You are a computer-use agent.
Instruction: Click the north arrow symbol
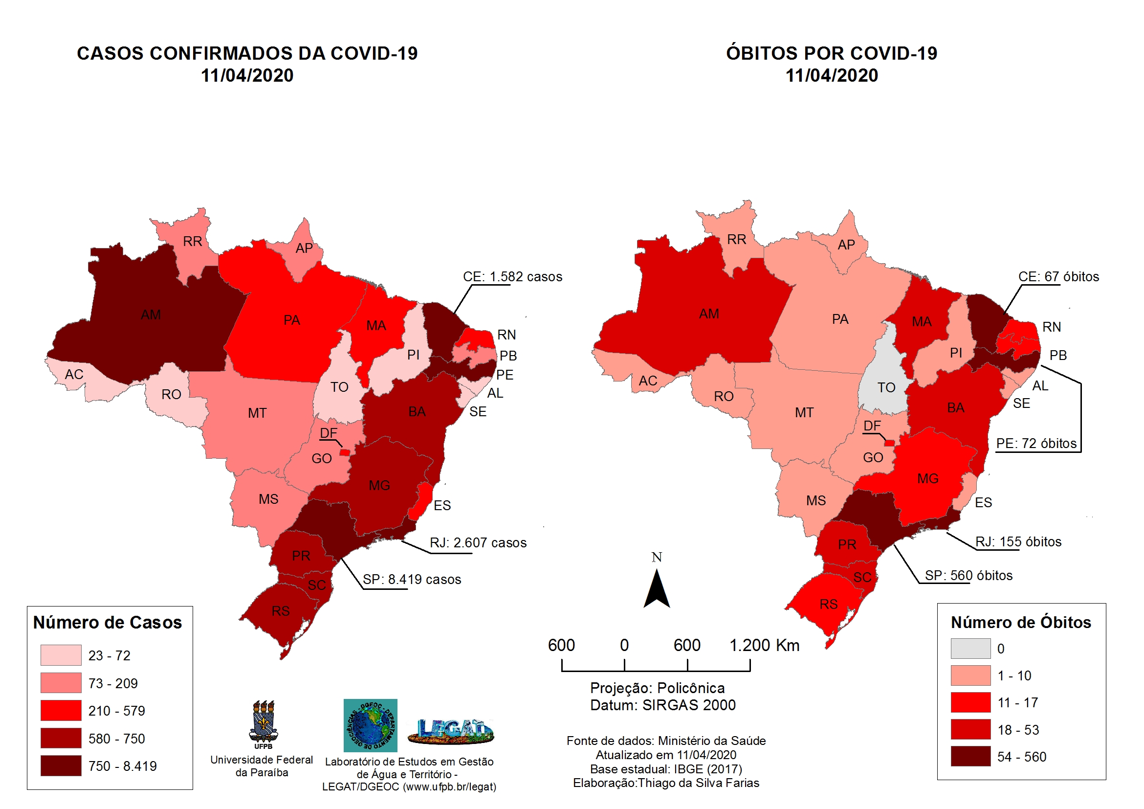(x=657, y=590)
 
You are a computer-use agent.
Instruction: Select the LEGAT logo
(x=451, y=731)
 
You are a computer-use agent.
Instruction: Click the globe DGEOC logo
(x=370, y=725)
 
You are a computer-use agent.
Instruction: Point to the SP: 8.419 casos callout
(x=412, y=580)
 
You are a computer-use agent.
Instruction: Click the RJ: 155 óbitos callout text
(x=1018, y=542)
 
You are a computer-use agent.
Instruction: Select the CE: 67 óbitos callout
(x=1058, y=277)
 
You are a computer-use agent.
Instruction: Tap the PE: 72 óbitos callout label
(x=1036, y=444)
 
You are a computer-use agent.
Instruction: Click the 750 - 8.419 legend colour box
(x=61, y=766)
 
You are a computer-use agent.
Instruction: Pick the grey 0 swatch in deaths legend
(x=970, y=649)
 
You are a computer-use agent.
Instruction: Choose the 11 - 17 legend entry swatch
(x=970, y=703)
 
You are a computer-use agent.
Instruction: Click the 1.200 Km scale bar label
(x=764, y=646)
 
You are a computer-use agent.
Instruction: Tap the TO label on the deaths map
(x=886, y=388)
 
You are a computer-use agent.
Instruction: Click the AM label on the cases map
(x=151, y=315)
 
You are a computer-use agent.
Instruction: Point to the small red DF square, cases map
(x=344, y=452)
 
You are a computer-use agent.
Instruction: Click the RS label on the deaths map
(x=829, y=605)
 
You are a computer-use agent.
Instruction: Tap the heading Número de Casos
(x=108, y=623)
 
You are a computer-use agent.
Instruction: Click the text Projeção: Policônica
(x=657, y=688)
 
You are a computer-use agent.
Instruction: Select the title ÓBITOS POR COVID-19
(x=831, y=53)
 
